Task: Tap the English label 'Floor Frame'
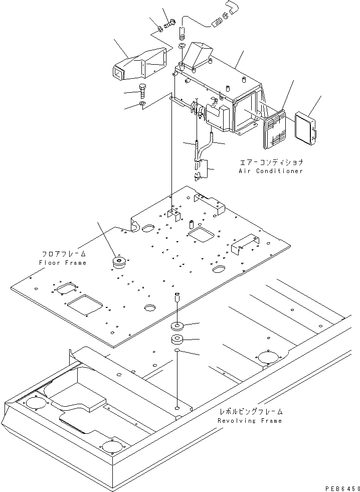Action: tap(62, 263)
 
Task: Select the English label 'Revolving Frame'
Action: tap(250, 421)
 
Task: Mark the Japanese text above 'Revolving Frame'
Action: tap(250, 412)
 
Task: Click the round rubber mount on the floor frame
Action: tap(120, 262)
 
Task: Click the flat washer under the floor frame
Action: tap(177, 325)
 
